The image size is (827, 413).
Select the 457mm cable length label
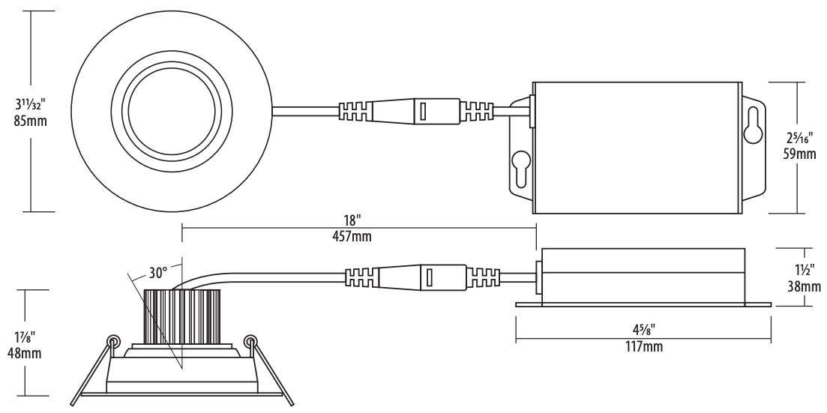tap(352, 236)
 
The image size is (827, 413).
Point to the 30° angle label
tap(157, 273)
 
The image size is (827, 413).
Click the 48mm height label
tap(24, 353)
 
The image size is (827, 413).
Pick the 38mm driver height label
tap(805, 286)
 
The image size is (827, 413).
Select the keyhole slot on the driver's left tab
tap(521, 169)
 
